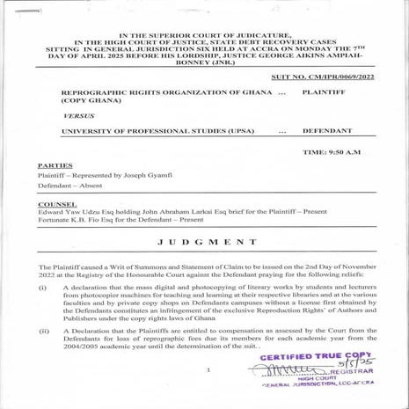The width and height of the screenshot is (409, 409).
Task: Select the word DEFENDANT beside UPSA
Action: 325,130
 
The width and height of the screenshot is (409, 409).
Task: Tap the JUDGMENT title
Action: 207,240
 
